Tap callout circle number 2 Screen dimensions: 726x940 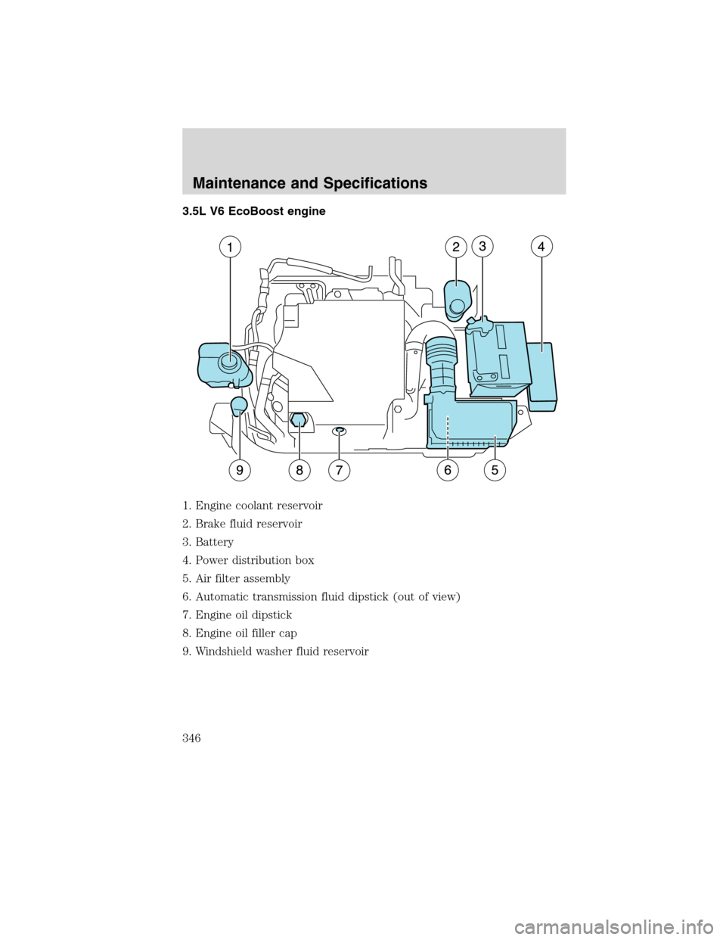(456, 247)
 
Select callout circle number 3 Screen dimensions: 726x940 (482, 245)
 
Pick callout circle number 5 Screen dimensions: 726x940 (495, 469)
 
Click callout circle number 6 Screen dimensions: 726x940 (448, 469)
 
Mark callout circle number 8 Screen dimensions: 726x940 (299, 469)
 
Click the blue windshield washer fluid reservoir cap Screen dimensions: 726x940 (238, 406)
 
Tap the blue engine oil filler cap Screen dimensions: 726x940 (299, 420)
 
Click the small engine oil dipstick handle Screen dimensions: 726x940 (340, 430)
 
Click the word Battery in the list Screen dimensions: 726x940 (214, 542)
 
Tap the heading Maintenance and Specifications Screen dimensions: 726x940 (310, 183)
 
